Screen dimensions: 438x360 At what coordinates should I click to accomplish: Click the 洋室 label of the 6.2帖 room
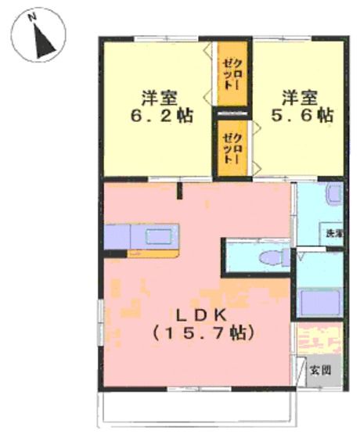point(158,99)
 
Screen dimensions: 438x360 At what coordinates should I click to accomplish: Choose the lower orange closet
point(232,146)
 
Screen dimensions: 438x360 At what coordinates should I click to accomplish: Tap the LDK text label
point(200,314)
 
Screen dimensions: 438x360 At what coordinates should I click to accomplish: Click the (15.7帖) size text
point(200,333)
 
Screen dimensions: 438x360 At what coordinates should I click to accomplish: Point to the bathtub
point(320,301)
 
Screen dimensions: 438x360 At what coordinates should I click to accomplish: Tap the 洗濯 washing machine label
point(334,232)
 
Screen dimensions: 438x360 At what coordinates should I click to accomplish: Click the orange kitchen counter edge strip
point(155,252)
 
